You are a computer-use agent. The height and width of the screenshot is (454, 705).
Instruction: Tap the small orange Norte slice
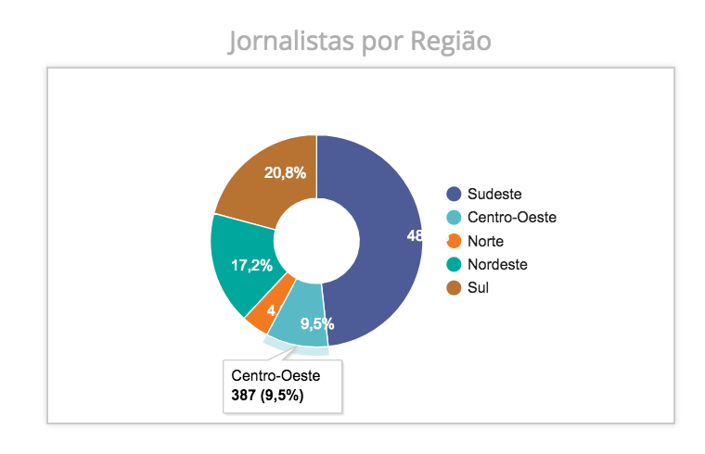click(x=263, y=312)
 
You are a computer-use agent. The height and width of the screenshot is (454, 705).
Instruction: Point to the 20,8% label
click(x=285, y=172)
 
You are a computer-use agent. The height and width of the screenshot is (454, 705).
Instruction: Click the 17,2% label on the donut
click(x=251, y=266)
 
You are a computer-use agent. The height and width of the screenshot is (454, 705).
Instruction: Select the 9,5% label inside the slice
click(x=317, y=324)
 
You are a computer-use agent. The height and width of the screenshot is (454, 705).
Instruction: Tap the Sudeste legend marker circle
click(x=454, y=194)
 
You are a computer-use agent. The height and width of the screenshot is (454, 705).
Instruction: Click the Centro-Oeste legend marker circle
click(x=454, y=218)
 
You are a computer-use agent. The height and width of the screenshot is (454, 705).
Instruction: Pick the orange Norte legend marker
click(x=454, y=241)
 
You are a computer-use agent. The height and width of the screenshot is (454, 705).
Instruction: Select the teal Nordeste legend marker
click(x=454, y=264)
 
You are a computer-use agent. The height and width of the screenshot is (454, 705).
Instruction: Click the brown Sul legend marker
click(x=454, y=287)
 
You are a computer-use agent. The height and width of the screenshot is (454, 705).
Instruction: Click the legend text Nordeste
click(x=497, y=264)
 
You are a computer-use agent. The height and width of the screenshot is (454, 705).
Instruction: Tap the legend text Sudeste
click(x=494, y=194)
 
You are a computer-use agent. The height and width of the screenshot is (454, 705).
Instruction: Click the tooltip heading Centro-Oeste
click(x=276, y=376)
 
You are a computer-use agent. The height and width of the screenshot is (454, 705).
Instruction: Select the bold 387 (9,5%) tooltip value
click(x=268, y=396)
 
